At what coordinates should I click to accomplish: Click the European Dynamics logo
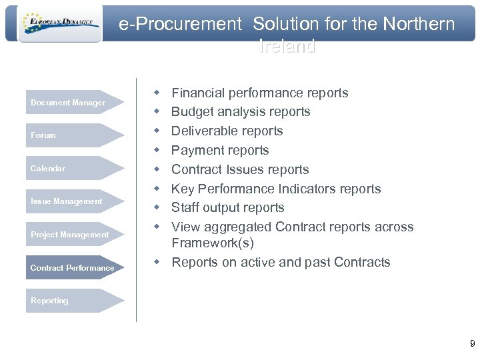pos(60,24)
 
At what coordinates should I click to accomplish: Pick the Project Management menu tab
pos(69,235)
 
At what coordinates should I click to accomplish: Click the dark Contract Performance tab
pos(72,268)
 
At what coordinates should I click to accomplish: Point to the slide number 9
pos(472,344)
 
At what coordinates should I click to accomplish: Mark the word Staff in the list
pos(186,207)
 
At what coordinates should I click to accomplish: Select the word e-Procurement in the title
pos(180,25)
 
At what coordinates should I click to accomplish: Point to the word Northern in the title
pos(419,25)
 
